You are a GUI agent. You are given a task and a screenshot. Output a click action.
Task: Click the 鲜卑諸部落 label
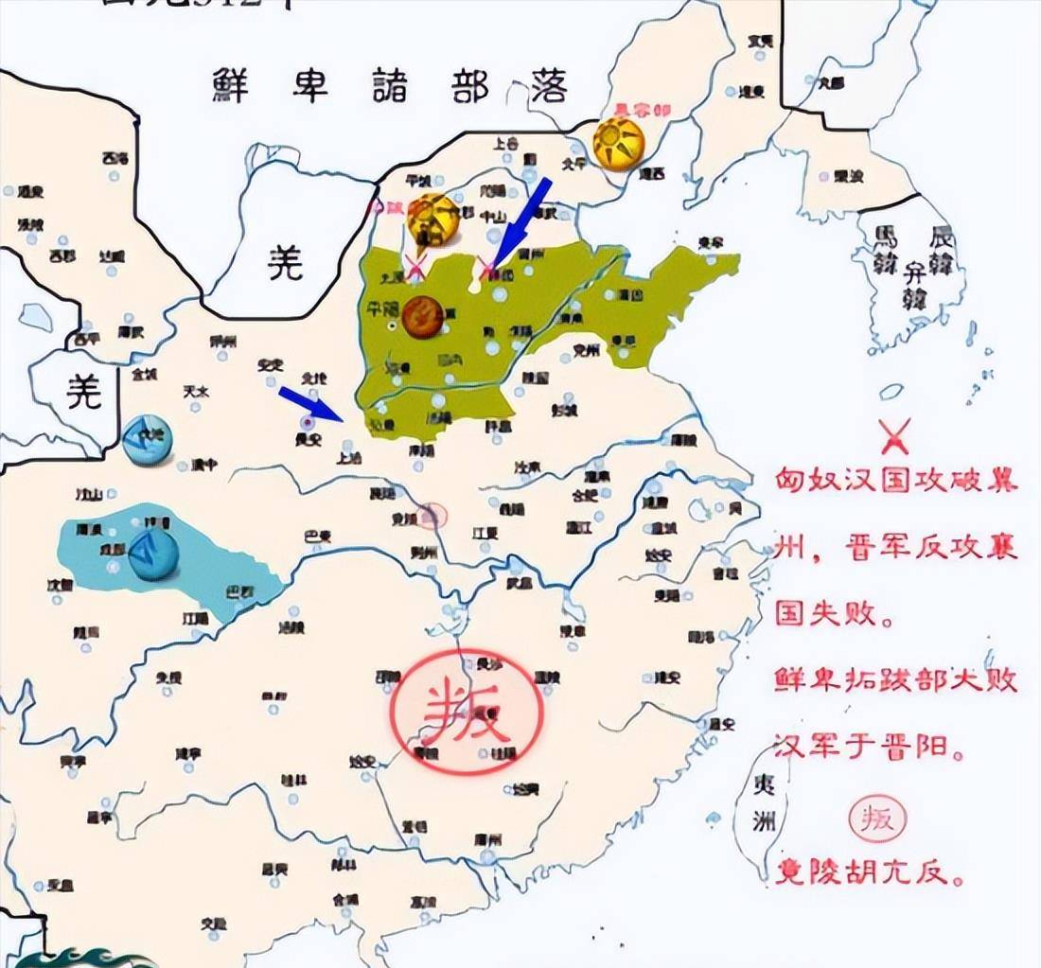pyautogui.click(x=389, y=87)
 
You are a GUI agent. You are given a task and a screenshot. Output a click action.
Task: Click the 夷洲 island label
pyautogui.click(x=763, y=801)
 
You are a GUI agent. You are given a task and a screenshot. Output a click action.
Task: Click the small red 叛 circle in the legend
pyautogui.click(x=877, y=818)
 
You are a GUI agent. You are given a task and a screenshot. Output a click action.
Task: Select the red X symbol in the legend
pyautogui.click(x=894, y=436)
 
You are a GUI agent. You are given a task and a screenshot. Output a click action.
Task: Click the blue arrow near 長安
pyautogui.click(x=309, y=404)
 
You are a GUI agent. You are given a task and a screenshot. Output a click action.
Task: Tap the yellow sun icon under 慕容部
pyautogui.click(x=619, y=145)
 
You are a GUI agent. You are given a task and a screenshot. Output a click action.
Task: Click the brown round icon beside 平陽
pyautogui.click(x=423, y=316)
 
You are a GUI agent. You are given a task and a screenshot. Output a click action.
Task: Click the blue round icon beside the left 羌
pyautogui.click(x=147, y=440)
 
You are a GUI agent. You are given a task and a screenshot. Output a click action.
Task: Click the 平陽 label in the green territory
pyautogui.click(x=384, y=308)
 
